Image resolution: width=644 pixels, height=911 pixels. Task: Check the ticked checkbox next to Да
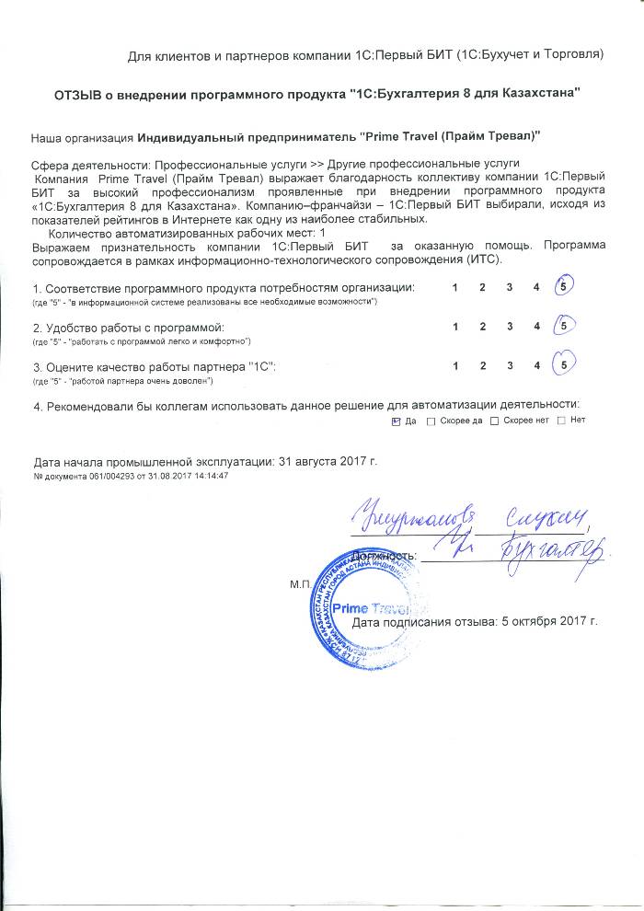396,421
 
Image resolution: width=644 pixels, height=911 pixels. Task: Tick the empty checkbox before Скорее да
431,421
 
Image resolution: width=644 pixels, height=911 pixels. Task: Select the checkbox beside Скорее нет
495,421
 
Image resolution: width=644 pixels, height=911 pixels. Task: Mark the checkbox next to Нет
561,421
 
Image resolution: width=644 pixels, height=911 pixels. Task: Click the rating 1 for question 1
455,288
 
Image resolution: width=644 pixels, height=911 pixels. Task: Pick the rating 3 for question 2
509,327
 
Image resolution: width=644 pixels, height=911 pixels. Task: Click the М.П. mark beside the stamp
300,583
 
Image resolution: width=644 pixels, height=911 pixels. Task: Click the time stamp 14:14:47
210,476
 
